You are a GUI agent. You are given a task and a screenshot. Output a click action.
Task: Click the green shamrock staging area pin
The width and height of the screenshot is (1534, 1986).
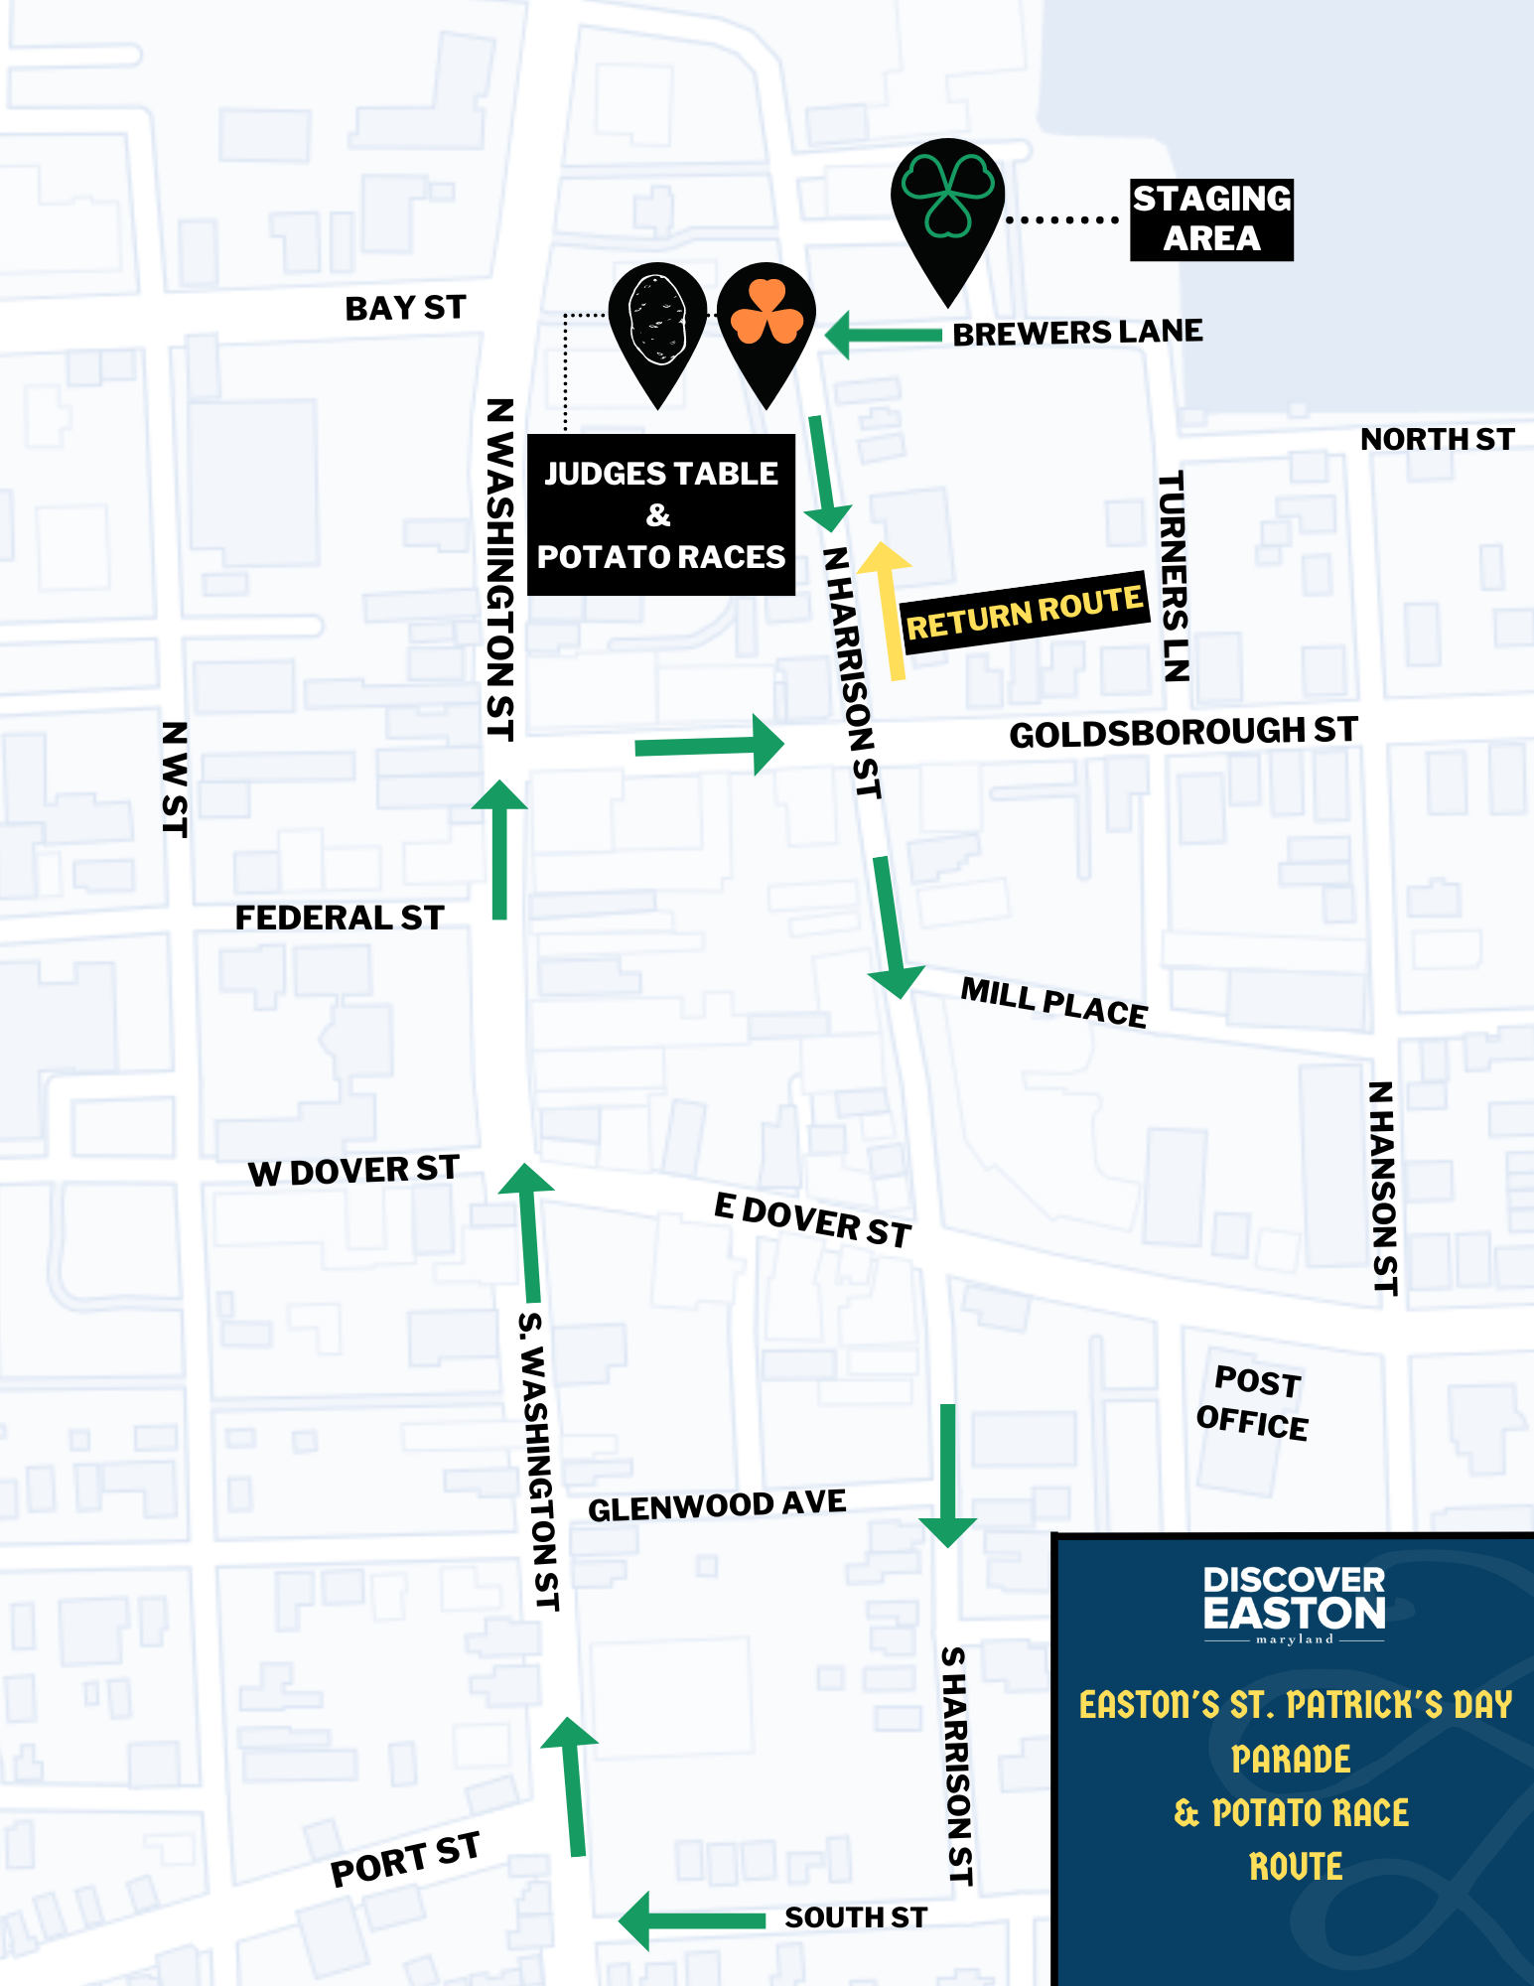click(x=947, y=204)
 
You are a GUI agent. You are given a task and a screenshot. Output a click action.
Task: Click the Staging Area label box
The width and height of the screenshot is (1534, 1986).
click(x=1211, y=219)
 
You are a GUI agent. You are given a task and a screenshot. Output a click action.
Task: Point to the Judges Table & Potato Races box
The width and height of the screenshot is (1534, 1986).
click(x=660, y=515)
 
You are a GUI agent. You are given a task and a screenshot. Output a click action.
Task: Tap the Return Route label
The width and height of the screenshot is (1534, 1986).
click(x=1024, y=612)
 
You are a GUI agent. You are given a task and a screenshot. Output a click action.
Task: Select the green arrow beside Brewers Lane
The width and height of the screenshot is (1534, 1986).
click(x=882, y=335)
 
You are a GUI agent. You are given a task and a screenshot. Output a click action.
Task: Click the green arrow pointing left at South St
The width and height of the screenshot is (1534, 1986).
click(x=689, y=1920)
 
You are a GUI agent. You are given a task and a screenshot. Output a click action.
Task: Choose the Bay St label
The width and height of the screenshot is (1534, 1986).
click(x=405, y=308)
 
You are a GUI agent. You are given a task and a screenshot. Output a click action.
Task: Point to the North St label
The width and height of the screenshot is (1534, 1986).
click(x=1437, y=439)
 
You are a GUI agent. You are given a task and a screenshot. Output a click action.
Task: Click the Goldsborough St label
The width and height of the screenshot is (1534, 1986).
click(x=1183, y=733)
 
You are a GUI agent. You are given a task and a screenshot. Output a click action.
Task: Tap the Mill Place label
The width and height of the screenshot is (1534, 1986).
click(x=1053, y=1003)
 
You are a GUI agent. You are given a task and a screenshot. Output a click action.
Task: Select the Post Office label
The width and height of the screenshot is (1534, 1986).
click(x=1254, y=1403)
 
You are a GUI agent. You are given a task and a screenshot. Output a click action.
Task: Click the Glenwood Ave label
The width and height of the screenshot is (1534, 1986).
click(x=717, y=1505)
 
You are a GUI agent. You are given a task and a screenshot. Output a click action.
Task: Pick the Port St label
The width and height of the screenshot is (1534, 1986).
click(x=405, y=1860)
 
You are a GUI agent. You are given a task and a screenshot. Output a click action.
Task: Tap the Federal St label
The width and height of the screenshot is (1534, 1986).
click(x=339, y=918)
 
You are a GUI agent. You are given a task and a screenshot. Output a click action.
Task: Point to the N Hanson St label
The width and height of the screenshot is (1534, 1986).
click(x=1383, y=1188)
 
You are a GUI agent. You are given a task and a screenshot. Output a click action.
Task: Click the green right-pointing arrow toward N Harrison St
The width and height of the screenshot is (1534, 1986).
click(x=709, y=745)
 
